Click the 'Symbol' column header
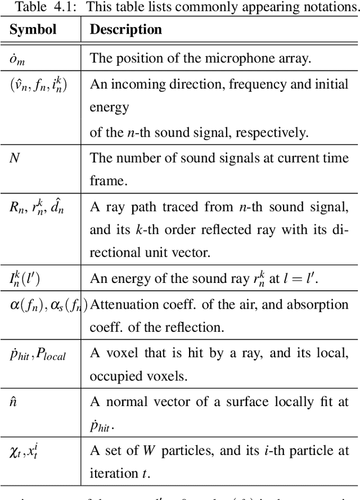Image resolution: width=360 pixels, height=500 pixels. coord(33,30)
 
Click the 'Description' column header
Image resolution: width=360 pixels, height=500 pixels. coord(126,30)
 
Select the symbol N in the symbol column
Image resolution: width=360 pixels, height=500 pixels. coord(15,158)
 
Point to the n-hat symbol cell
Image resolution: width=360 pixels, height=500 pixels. coord(13,402)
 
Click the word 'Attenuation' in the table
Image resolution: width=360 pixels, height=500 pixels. coord(121,304)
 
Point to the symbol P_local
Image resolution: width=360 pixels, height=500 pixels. coord(51,355)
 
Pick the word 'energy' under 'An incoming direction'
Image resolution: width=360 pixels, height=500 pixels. coord(110,107)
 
